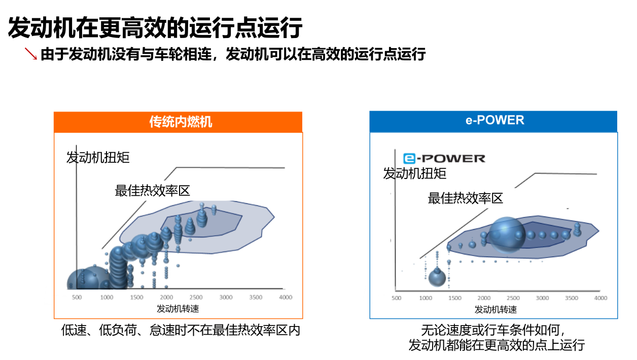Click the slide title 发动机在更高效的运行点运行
[x=155, y=27]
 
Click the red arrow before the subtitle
[x=31, y=53]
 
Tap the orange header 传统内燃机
[x=178, y=122]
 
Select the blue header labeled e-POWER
[x=493, y=121]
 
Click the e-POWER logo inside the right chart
[x=444, y=158]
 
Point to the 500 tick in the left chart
[x=77, y=298]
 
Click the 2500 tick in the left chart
[x=196, y=298]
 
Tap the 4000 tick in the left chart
[x=286, y=298]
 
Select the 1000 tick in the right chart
[x=426, y=298]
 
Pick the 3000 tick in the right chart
[x=542, y=298]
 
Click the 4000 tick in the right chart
[x=600, y=298]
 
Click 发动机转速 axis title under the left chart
[x=178, y=308]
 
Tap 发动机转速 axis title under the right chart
[x=496, y=309]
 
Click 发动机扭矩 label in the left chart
[x=98, y=157]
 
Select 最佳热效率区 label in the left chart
[x=152, y=191]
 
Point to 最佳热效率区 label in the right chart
[x=465, y=198]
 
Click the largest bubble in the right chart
[x=507, y=235]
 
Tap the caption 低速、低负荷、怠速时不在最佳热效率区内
[x=181, y=330]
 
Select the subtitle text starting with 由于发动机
[x=233, y=54]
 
